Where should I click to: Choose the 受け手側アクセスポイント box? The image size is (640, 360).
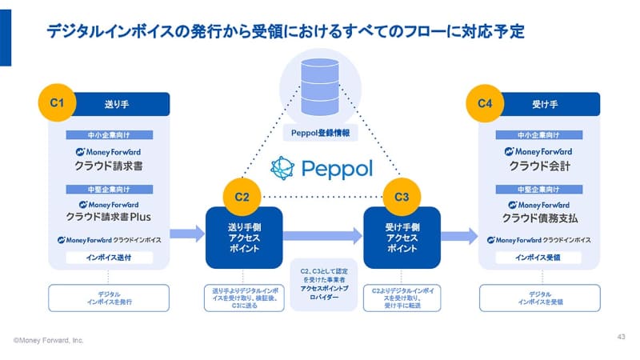(x=402, y=238)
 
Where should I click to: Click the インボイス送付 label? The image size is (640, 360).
(x=110, y=258)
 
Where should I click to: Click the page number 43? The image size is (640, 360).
(x=622, y=335)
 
